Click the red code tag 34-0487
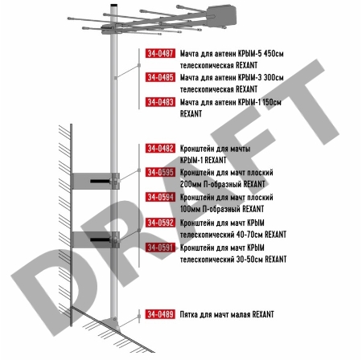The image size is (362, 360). click(x=160, y=53)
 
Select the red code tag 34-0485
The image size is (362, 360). click(x=160, y=77)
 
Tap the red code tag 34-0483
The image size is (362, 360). click(x=160, y=102)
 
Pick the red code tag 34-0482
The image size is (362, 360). click(x=160, y=149)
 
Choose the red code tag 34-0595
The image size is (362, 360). click(x=160, y=172)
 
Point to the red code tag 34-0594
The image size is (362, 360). click(x=160, y=197)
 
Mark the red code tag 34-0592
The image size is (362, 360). click(x=160, y=223)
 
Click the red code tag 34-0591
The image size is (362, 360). click(x=160, y=247)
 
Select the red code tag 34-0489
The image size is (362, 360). click(x=160, y=314)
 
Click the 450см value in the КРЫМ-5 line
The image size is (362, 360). click(x=274, y=54)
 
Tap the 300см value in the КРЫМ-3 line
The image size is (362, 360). click(x=274, y=78)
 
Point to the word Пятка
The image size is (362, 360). click(x=189, y=314)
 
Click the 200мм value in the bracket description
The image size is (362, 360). click(x=190, y=184)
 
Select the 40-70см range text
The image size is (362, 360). click(x=249, y=235)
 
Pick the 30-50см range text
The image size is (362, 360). click(x=249, y=260)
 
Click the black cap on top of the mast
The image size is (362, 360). click(x=114, y=5)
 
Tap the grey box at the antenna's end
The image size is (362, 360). click(x=221, y=15)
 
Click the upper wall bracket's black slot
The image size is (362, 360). click(x=101, y=182)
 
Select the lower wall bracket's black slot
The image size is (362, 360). click(x=101, y=239)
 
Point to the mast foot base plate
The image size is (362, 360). click(x=110, y=325)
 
